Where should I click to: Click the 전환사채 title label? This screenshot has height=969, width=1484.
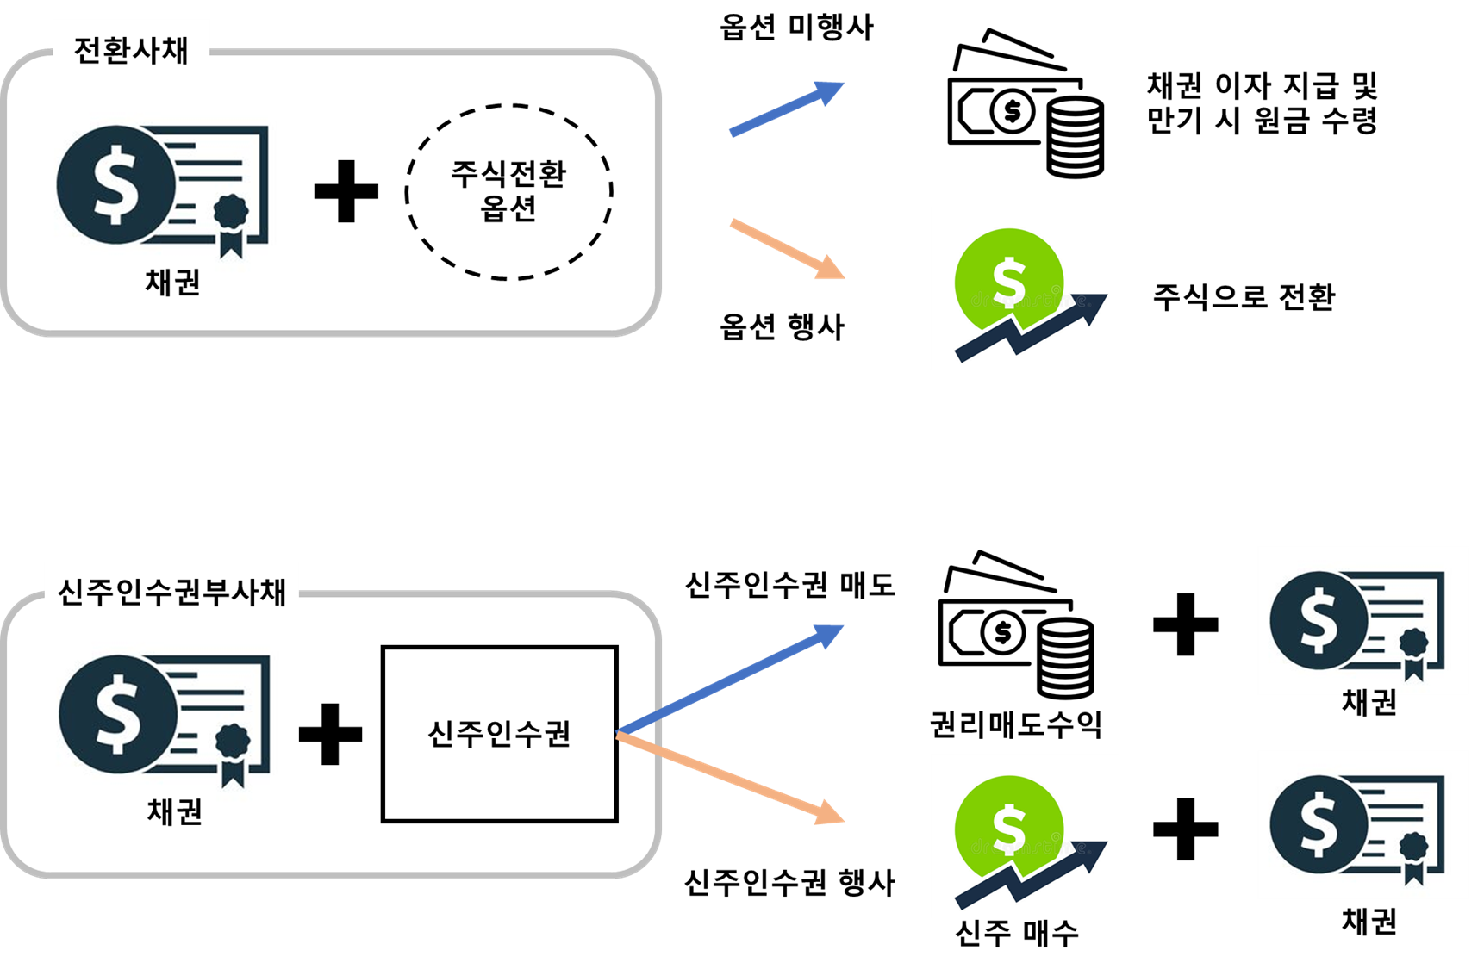pyautogui.click(x=131, y=50)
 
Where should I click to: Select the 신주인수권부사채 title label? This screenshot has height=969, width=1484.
pyautogui.click(x=171, y=592)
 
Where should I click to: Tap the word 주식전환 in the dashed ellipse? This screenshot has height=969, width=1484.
pyautogui.click(x=508, y=174)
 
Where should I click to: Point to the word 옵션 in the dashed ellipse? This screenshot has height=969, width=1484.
pyautogui.click(x=508, y=208)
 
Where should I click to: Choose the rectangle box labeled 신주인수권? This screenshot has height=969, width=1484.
pyautogui.click(x=500, y=734)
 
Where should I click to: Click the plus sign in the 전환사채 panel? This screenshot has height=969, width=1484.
pyautogui.click(x=346, y=191)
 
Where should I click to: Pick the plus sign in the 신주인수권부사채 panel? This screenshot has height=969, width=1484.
pyautogui.click(x=330, y=734)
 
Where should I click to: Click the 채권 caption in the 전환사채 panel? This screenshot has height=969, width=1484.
pyautogui.click(x=173, y=282)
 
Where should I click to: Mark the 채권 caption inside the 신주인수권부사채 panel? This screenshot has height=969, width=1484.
pyautogui.click(x=175, y=811)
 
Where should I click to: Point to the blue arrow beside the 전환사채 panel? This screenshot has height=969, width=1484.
pyautogui.click(x=786, y=109)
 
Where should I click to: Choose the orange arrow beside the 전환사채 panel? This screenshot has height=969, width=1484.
pyautogui.click(x=787, y=249)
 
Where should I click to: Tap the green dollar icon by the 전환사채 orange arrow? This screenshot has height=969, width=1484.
pyautogui.click(x=1025, y=289)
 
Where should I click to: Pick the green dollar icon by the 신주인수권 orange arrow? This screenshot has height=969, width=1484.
pyautogui.click(x=1025, y=835)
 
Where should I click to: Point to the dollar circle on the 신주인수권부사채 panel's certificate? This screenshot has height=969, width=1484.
pyautogui.click(x=118, y=714)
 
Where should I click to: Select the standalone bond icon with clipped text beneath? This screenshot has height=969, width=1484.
pyautogui.click(x=1362, y=621)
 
